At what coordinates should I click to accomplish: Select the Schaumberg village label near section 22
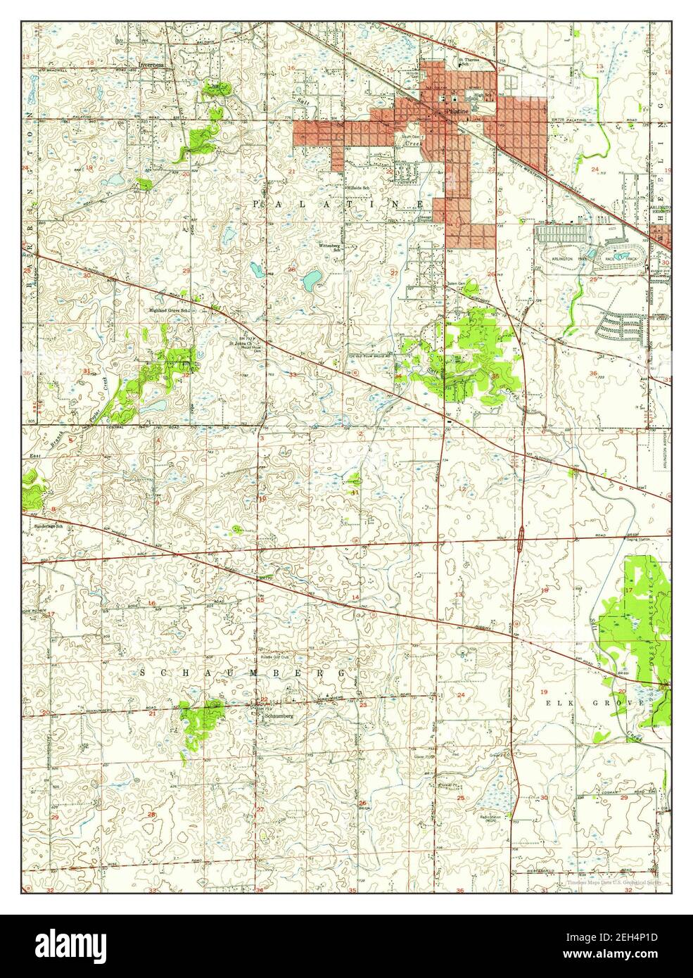(276, 716)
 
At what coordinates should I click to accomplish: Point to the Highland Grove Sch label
(170, 310)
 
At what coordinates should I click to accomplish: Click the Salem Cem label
(457, 284)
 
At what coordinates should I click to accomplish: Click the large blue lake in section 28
(310, 282)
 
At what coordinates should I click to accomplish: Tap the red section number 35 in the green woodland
(495, 376)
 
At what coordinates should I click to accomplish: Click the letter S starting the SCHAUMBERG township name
(142, 672)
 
